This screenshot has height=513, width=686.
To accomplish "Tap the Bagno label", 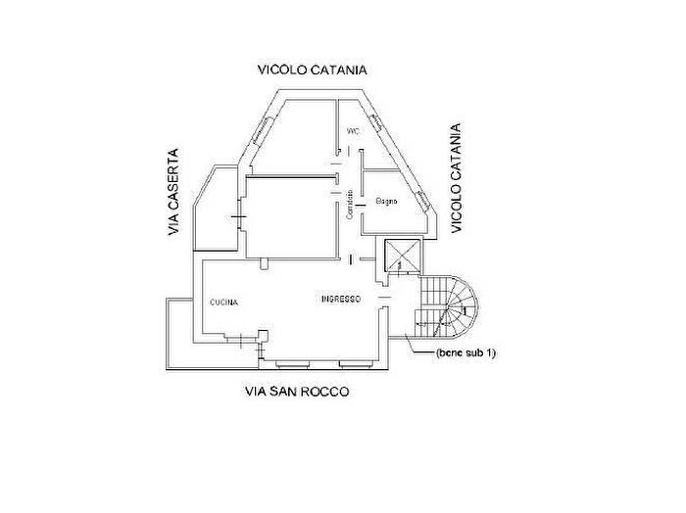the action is coord(385,201).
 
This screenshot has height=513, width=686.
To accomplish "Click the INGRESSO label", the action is coord(342,299).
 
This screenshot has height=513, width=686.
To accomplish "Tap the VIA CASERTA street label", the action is coord(173,193).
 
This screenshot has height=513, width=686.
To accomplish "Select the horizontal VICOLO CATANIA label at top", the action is coord(312,70).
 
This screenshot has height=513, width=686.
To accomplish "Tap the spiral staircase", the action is coord(448,304).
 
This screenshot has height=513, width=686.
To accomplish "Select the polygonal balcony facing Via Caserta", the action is coord(212,210).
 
